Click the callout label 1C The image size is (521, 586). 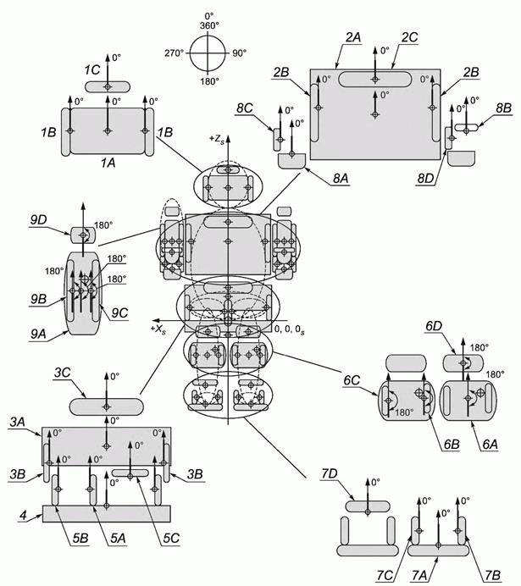pyautogui.click(x=92, y=70)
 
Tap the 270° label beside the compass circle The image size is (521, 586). pyautogui.click(x=175, y=53)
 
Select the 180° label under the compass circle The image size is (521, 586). pyautogui.click(x=209, y=80)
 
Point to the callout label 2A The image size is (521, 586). pyautogui.click(x=353, y=37)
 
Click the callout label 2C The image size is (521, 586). pyautogui.click(x=410, y=37)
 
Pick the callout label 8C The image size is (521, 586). pyautogui.click(x=245, y=108)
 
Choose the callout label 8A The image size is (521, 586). pyautogui.click(x=341, y=179)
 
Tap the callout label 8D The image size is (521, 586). pyautogui.click(x=425, y=179)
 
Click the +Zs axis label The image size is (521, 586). pyautogui.click(x=216, y=139)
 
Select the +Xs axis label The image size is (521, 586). pyautogui.click(x=158, y=329)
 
